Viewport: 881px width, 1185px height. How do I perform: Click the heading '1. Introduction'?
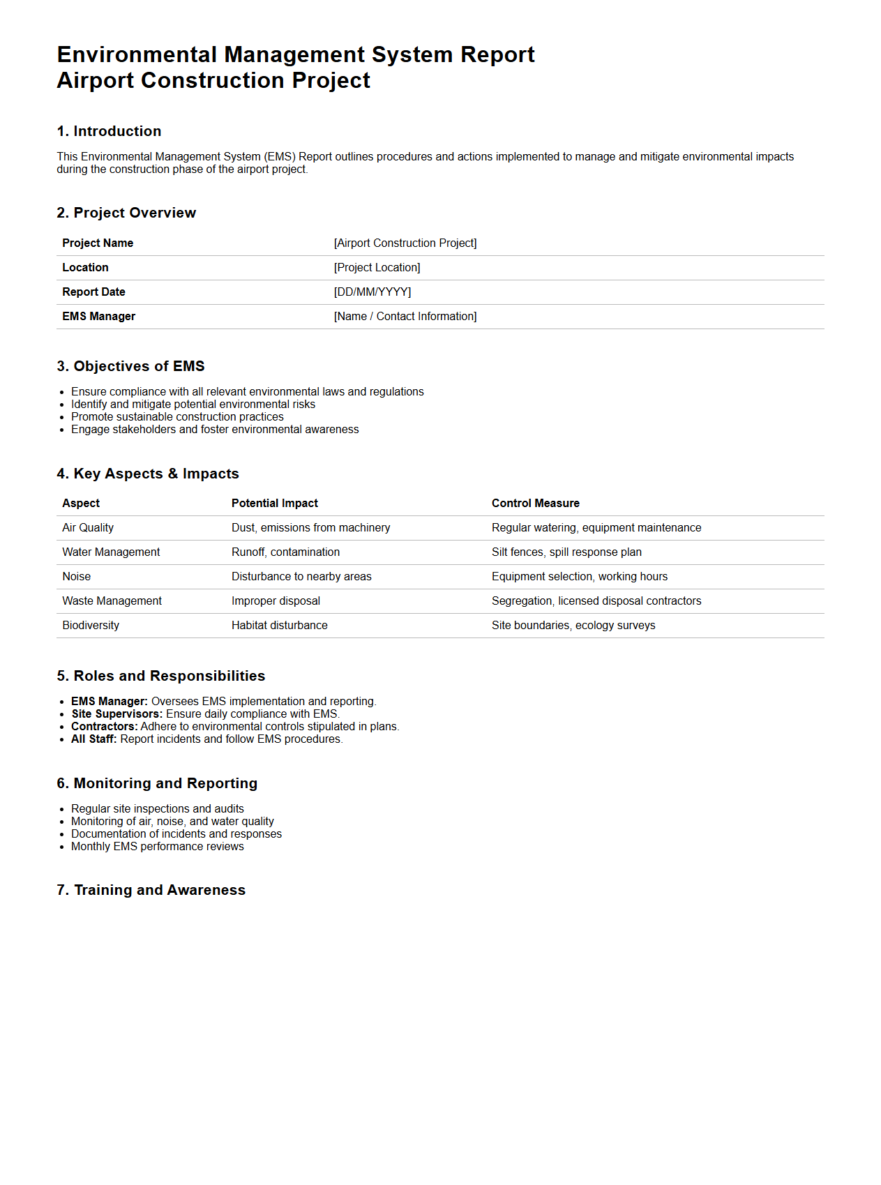(x=109, y=131)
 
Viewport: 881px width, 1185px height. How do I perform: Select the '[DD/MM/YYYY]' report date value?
(x=372, y=292)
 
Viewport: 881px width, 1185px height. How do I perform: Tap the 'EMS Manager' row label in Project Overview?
(x=98, y=316)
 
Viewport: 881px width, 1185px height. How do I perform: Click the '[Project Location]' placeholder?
(x=377, y=267)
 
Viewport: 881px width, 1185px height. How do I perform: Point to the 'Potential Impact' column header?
(x=274, y=503)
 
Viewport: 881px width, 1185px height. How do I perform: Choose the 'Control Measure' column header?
(x=535, y=503)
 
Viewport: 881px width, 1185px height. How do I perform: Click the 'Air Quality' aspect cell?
(x=88, y=527)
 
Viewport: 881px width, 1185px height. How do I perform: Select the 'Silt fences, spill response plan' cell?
(x=566, y=552)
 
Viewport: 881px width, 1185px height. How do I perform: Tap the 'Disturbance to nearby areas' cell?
(x=301, y=576)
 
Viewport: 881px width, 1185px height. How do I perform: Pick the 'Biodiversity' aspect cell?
(x=91, y=625)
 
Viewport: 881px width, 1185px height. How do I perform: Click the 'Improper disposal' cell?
(x=276, y=601)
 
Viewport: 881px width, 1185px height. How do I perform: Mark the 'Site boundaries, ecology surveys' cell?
(x=573, y=625)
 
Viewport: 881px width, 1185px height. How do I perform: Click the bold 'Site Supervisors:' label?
(x=116, y=714)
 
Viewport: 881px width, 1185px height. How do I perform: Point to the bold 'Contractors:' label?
(x=105, y=726)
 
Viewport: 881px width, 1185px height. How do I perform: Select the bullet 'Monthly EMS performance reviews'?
(x=158, y=846)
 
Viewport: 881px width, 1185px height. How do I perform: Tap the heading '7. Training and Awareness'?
(x=151, y=890)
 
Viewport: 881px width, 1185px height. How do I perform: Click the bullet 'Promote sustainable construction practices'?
(x=177, y=416)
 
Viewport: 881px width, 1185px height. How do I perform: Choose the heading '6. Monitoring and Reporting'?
(x=157, y=783)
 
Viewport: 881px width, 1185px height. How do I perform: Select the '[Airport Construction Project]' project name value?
(x=405, y=243)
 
